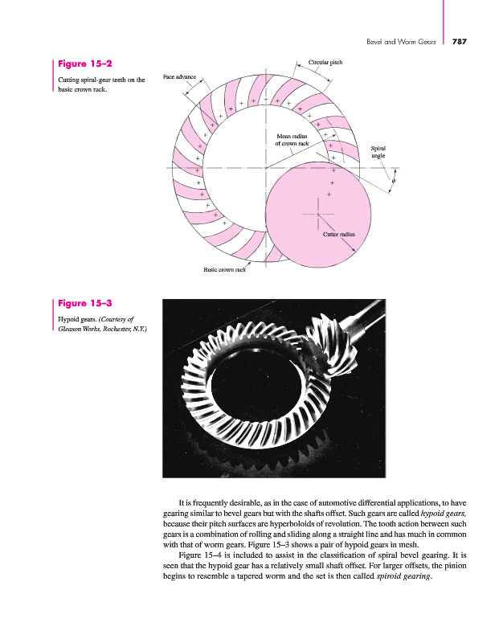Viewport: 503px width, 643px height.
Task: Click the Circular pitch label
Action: tap(325, 62)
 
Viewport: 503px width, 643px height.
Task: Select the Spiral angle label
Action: tap(378, 151)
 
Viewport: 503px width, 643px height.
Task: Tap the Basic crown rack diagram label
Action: tap(224, 270)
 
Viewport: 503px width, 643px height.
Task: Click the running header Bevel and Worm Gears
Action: tap(400, 41)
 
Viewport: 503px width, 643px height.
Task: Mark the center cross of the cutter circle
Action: tap(318, 215)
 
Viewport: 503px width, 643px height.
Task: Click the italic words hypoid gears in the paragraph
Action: tap(444, 511)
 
